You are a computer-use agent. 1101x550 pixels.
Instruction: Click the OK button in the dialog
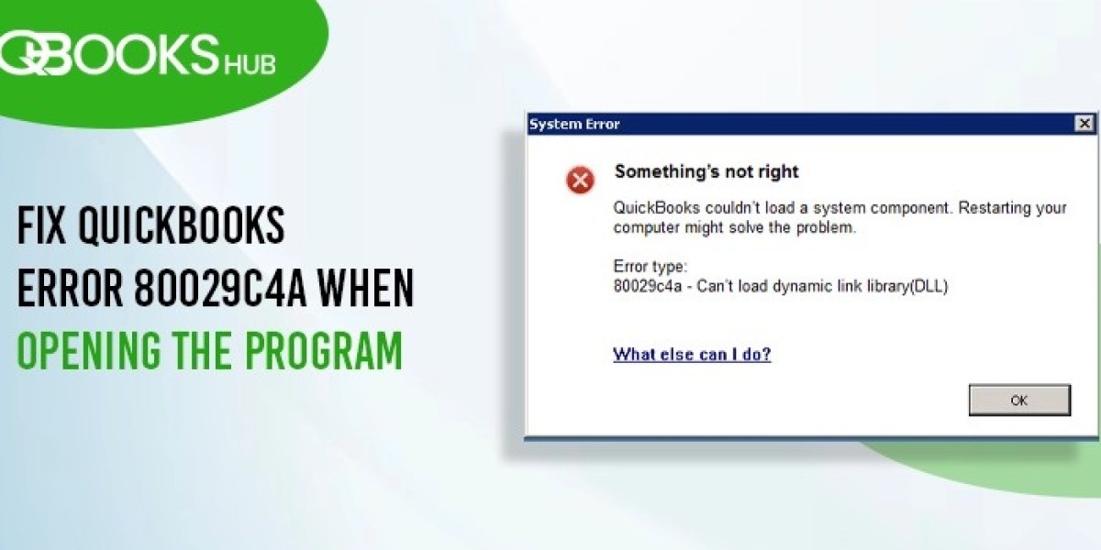pos(1019,401)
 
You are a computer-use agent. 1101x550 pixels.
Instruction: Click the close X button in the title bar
pos(1084,124)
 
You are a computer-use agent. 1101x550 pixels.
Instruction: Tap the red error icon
pos(580,180)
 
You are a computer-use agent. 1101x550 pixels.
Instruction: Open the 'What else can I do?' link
pos(692,354)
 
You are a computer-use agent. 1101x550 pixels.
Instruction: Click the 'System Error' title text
pos(574,125)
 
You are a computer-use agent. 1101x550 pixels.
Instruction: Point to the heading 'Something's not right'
pos(706,171)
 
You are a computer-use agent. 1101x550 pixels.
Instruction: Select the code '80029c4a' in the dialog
pos(648,286)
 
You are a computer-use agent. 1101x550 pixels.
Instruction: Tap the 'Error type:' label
pos(650,267)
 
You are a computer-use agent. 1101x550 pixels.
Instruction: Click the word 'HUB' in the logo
pos(250,65)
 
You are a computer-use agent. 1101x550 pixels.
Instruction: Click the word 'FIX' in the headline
pos(41,225)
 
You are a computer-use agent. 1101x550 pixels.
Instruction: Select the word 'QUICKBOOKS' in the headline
pos(182,225)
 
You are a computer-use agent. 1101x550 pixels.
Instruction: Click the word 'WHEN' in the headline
pos(366,288)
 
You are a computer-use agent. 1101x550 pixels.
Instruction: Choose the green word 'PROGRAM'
pos(324,350)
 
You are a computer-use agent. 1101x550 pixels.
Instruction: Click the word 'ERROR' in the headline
pos(70,288)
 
